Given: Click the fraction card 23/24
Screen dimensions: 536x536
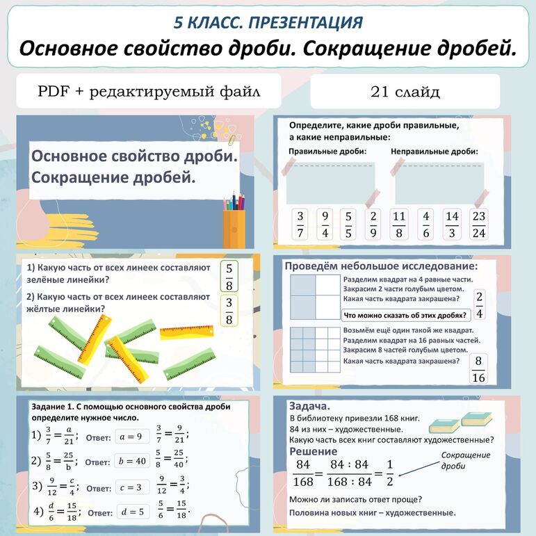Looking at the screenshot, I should coord(478,225).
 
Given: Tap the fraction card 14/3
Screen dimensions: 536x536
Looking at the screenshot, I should coord(453,225).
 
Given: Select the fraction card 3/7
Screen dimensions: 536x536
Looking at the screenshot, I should coord(300,225).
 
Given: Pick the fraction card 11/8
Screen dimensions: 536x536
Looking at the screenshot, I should coord(398,225).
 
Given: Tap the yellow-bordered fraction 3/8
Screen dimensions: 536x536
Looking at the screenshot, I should coord(229,311).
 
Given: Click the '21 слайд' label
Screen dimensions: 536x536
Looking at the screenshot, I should coord(405,92).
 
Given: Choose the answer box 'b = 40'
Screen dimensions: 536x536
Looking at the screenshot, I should coord(133,461).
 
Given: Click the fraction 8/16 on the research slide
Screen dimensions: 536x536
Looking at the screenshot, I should coord(478,369).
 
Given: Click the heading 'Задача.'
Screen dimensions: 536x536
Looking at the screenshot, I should coord(309,406).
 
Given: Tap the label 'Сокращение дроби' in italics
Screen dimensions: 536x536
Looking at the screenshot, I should coord(466,460).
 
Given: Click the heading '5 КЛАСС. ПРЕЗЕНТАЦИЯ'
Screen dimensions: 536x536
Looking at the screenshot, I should coord(268,23).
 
